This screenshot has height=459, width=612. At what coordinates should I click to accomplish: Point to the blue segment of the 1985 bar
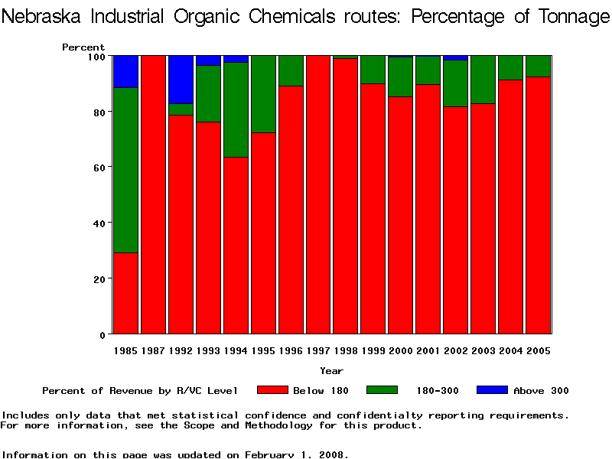125,71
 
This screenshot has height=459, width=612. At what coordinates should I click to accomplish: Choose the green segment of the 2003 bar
483,79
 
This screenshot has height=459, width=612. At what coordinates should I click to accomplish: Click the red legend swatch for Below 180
272,390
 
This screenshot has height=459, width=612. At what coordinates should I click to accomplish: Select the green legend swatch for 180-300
382,390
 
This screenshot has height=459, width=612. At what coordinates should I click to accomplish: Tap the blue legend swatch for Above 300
492,390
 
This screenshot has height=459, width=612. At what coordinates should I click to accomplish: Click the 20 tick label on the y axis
99,278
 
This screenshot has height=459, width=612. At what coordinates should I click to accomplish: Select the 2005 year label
538,351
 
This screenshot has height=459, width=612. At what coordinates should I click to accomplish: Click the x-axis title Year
331,371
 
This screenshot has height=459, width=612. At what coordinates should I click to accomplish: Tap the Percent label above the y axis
83,47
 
